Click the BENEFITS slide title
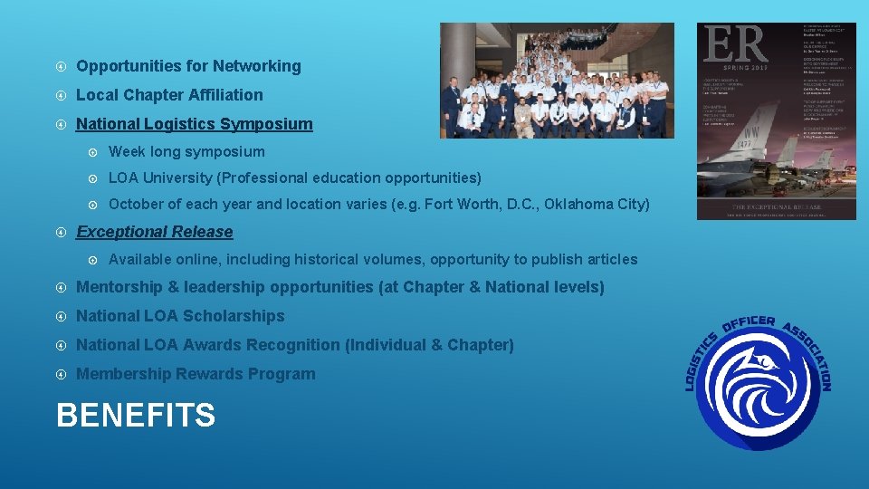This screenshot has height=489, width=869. pos(136,416)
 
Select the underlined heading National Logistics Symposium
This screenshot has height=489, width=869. pos(195,124)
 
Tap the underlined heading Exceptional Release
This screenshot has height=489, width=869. pos(155,232)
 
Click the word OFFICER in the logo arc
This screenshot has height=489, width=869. pos(750,323)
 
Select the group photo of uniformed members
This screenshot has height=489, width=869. pos(557,81)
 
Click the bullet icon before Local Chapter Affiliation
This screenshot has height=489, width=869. pos(60,95)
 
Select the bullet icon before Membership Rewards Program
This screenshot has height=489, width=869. pos(60,374)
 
